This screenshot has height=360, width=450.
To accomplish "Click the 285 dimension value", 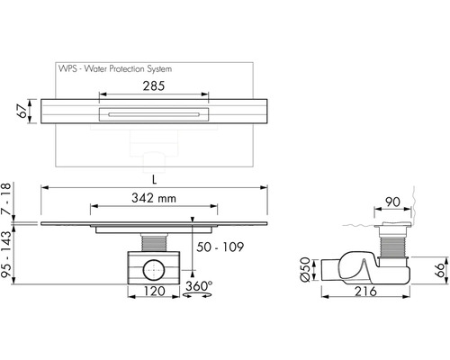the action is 154,86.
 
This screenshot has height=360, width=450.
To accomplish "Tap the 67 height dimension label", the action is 22,111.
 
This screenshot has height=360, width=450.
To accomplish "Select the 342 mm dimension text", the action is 154,198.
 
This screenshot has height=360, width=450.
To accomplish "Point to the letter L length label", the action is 154,180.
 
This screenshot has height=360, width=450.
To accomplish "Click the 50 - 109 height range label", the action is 220,247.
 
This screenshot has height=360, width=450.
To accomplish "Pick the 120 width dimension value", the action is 154,291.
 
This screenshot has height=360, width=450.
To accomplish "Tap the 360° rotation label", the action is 199,286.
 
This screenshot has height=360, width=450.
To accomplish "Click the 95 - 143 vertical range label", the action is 6,254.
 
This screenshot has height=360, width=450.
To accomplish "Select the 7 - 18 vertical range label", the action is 6,199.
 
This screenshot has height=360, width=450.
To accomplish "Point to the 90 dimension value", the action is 392,202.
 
